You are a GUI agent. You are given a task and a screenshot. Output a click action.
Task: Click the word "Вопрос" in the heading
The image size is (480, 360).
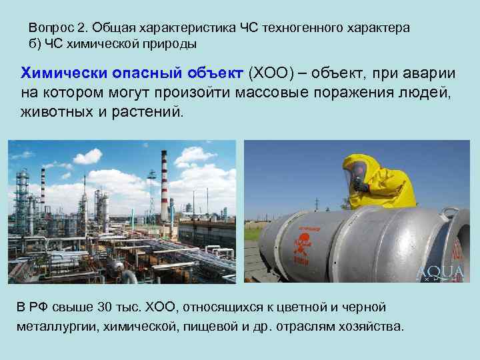49,28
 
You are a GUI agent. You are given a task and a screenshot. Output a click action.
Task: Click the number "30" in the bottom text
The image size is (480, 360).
105,307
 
